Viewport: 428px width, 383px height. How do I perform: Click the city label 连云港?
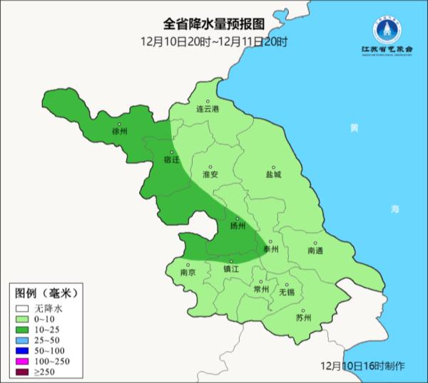click(x=208, y=110)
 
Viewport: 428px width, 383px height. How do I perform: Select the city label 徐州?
click(x=119, y=132)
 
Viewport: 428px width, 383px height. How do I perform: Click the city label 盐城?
click(x=273, y=174)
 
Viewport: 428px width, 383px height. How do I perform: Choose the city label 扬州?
click(x=238, y=226)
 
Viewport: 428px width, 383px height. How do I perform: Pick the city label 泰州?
click(x=271, y=249)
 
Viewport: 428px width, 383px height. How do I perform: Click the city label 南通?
click(x=315, y=251)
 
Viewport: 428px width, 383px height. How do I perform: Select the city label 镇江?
click(x=231, y=270)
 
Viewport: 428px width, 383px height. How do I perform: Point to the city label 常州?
click(x=262, y=290)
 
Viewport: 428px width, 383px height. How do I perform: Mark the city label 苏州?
click(x=304, y=318)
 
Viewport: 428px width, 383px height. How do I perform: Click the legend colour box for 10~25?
click(x=23, y=330)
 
